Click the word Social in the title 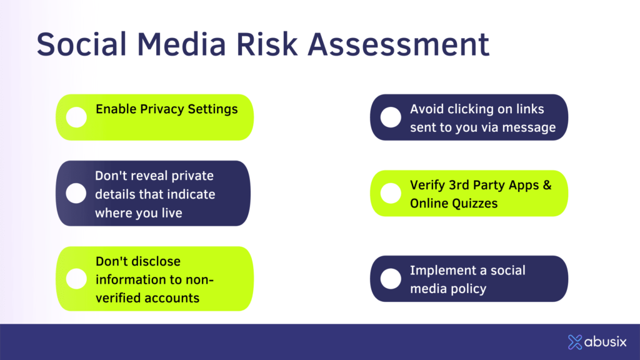(82, 44)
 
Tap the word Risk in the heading (267, 44)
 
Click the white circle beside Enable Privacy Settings (76, 117)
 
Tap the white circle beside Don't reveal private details (76, 193)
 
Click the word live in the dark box (171, 212)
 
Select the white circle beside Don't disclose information (76, 279)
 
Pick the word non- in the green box (199, 280)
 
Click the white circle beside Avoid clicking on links (391, 117)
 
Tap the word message (529, 127)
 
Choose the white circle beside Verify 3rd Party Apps (391, 193)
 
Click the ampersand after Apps (547, 185)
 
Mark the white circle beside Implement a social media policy (391, 279)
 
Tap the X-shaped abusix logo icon (575, 342)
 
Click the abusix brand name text (605, 342)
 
